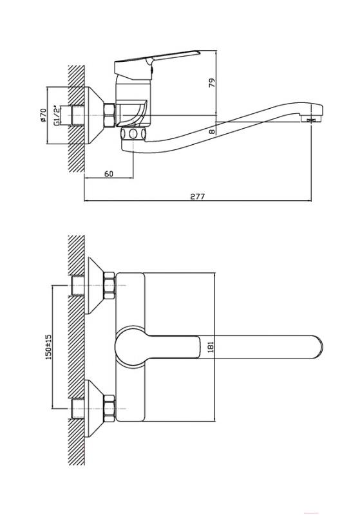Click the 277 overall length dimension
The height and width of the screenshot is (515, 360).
click(198, 196)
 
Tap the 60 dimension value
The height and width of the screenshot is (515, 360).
click(109, 174)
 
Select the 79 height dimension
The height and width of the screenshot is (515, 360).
click(213, 82)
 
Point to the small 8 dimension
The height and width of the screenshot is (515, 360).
click(212, 131)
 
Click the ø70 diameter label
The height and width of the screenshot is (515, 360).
click(43, 115)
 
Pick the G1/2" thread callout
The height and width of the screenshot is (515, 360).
click(57, 115)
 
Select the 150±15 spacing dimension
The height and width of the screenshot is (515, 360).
click(48, 347)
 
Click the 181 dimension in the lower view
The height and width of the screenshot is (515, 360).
click(211, 347)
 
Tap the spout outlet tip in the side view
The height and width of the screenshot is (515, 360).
click(314, 119)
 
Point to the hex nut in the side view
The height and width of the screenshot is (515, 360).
click(109, 115)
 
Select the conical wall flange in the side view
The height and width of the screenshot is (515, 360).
click(94, 115)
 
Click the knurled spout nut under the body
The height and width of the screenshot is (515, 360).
click(133, 133)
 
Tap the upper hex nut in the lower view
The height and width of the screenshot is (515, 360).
click(109, 285)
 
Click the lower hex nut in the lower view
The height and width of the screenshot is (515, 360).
click(109, 409)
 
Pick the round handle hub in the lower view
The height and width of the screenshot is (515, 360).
click(129, 346)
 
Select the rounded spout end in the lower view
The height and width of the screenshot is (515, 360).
click(316, 347)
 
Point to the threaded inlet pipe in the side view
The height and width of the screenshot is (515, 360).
click(77, 115)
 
